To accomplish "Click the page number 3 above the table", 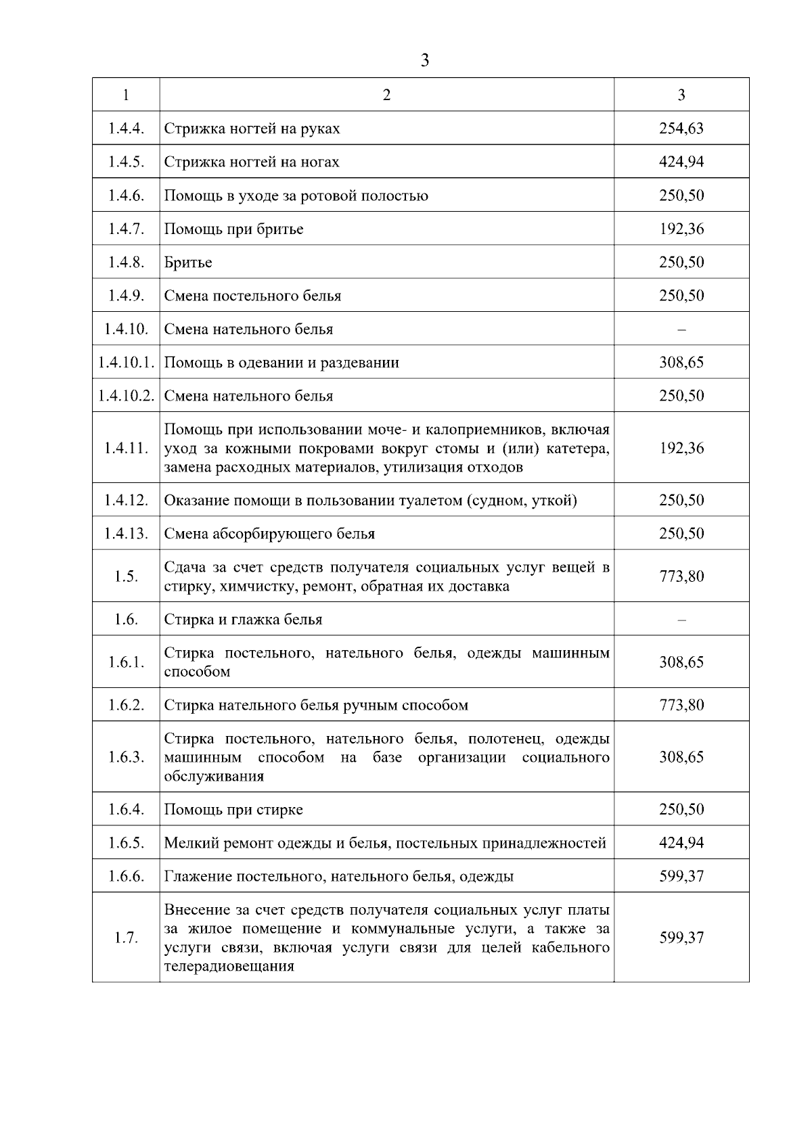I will [x=424, y=61].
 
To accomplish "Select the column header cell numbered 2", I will [x=386, y=95].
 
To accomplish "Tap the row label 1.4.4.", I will [x=126, y=129].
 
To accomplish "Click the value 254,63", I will [x=681, y=129].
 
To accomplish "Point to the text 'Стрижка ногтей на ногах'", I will [x=252, y=162].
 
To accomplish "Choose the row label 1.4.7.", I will [x=126, y=229].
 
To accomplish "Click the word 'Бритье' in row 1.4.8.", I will [x=188, y=262].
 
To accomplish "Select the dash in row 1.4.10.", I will [x=681, y=329].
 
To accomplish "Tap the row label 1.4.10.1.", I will [x=126, y=363].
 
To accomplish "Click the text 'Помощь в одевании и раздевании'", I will [x=281, y=363].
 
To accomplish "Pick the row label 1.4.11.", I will [x=126, y=448].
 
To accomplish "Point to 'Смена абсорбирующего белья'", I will [x=269, y=534].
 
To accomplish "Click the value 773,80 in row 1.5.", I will [x=681, y=576].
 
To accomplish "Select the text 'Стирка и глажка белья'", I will [x=243, y=620].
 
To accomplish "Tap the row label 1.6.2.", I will [x=126, y=705].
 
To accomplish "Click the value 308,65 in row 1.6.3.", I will [x=681, y=757].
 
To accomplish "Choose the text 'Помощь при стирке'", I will [x=233, y=810].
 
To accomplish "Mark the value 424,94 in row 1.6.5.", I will [x=681, y=843].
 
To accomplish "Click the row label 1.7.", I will [x=126, y=938].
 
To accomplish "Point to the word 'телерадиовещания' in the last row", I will [x=229, y=966].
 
